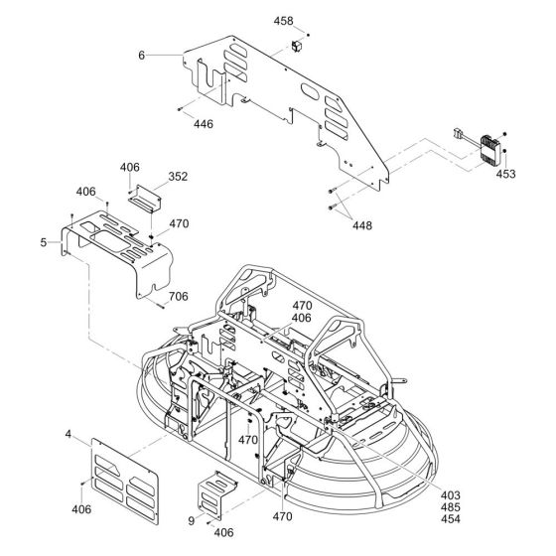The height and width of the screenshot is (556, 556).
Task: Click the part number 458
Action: tap(283, 21)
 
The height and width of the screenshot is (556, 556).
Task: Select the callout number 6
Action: tap(141, 56)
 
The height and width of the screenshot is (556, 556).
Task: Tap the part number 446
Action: tap(204, 124)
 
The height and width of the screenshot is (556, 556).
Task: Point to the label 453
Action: tap(505, 174)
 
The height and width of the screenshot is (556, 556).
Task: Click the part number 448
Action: tap(362, 225)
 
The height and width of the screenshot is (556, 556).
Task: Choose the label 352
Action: tap(178, 177)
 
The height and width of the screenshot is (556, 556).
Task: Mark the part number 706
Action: tap(178, 296)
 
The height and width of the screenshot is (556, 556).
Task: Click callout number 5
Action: tap(44, 242)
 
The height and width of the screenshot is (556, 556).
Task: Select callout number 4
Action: tap(69, 434)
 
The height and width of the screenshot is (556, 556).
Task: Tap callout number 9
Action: tap(191, 521)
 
